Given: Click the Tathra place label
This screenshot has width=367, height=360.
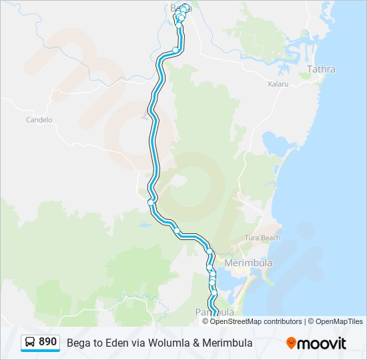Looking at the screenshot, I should (x=321, y=69).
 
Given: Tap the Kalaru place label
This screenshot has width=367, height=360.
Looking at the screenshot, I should (x=278, y=85).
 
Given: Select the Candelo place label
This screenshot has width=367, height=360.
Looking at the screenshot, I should (x=39, y=120).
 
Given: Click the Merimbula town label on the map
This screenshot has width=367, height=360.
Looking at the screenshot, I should (x=248, y=263).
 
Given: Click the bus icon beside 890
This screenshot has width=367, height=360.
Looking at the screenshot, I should (x=30, y=342).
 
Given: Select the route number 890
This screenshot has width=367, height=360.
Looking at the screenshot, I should (x=47, y=342).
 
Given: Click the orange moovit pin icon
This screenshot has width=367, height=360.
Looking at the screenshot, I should (x=291, y=343).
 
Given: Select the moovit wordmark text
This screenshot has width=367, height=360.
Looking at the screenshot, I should (x=322, y=343).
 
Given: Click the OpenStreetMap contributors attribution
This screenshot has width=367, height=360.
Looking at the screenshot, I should (x=256, y=321).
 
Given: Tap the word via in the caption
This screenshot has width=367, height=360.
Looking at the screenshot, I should (x=131, y=343).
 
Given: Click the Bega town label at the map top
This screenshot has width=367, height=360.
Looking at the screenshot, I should (x=177, y=9).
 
